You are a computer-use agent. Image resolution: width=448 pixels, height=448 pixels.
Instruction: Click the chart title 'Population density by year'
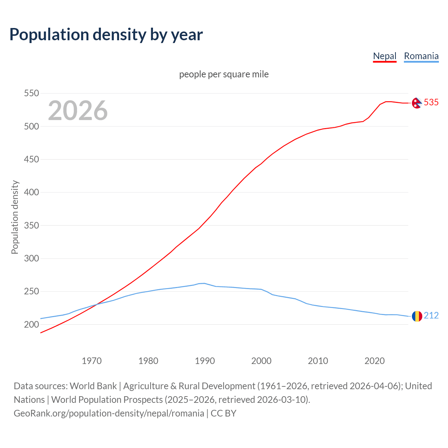coord(106,35)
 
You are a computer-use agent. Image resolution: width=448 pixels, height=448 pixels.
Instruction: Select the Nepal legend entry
coord(385,56)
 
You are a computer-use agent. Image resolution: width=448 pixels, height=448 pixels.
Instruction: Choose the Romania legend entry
coord(421,56)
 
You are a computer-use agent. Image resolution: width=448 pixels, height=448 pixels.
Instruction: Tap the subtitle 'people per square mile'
coord(224,74)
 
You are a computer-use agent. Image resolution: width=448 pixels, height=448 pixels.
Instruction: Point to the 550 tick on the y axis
coord(31,93)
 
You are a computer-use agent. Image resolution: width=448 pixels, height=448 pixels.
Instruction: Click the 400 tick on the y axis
coord(31,192)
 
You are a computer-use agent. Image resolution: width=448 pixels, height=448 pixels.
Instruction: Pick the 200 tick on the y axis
coord(31,324)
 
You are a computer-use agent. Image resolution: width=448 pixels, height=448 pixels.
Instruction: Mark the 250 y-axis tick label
coord(31,292)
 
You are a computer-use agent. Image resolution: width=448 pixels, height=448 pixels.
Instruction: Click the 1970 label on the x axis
coord(92,361)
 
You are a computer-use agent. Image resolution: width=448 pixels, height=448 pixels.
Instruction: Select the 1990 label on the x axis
coord(205,361)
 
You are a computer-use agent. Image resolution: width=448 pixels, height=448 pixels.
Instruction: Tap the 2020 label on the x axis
coord(374,361)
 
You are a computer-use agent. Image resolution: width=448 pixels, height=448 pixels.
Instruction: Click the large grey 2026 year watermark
coord(78,111)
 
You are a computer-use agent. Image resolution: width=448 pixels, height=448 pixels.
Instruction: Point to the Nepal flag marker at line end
coord(416,103)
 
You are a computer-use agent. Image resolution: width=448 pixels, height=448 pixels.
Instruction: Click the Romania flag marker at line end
coord(417,316)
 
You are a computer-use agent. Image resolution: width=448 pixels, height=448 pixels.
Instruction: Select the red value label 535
coord(431,102)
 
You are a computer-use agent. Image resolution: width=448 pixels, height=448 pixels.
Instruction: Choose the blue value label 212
coord(431,316)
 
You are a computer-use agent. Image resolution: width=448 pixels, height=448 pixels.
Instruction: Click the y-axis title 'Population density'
coord(15,217)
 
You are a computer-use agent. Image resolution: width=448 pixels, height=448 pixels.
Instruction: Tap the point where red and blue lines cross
coord(96,304)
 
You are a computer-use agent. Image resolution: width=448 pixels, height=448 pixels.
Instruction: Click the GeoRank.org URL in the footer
coord(109,413)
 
